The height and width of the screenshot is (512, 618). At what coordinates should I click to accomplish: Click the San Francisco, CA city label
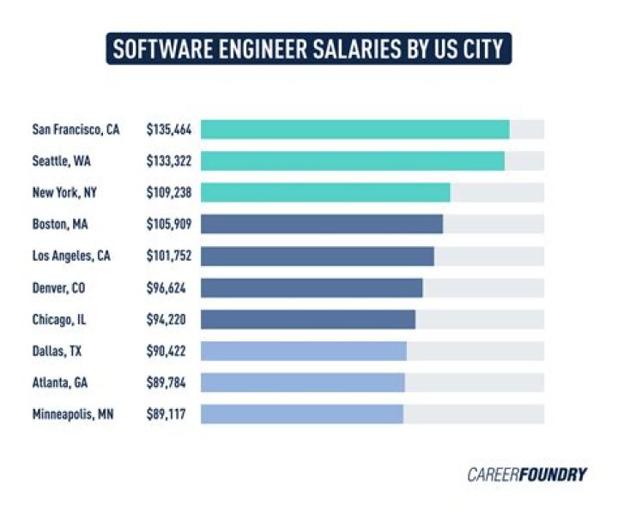click(76, 130)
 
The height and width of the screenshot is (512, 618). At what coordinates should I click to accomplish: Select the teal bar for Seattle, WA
click(353, 161)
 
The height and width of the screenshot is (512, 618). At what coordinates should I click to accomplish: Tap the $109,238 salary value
click(169, 193)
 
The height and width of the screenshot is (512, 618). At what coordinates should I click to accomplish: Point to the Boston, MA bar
click(322, 225)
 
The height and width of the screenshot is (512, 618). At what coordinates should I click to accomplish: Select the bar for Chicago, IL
click(308, 319)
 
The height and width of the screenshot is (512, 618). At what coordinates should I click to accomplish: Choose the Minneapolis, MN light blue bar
click(302, 414)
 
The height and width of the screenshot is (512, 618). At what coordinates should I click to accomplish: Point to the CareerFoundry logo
click(527, 473)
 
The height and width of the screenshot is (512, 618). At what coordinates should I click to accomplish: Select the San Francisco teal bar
click(355, 130)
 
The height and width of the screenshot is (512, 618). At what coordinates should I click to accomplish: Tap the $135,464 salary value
click(169, 130)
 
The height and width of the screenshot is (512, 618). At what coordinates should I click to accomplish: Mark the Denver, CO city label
click(58, 287)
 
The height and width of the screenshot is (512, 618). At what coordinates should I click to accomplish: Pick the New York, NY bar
click(325, 193)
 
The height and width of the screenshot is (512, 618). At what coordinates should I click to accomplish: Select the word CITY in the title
click(482, 49)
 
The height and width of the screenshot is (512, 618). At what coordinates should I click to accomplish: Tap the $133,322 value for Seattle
click(169, 161)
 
